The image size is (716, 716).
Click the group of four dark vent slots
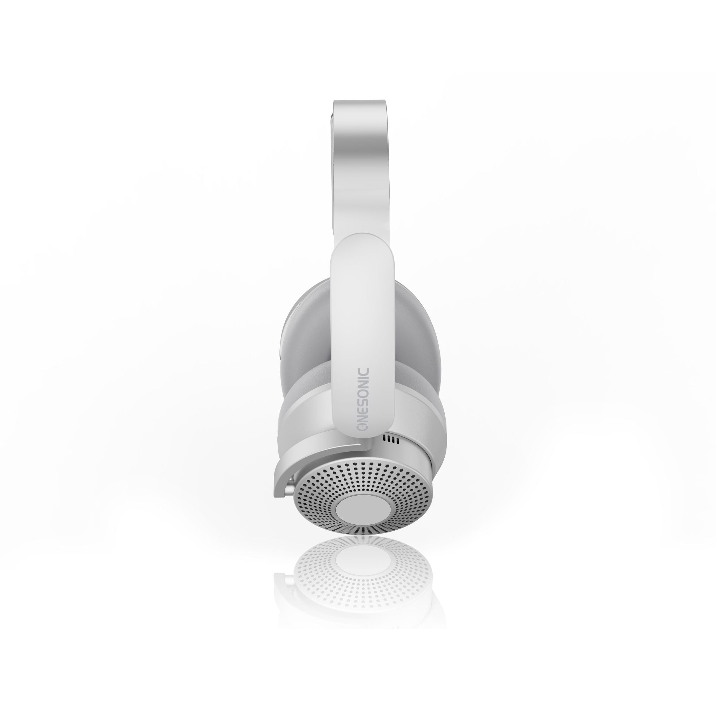pyautogui.click(x=391, y=440)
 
